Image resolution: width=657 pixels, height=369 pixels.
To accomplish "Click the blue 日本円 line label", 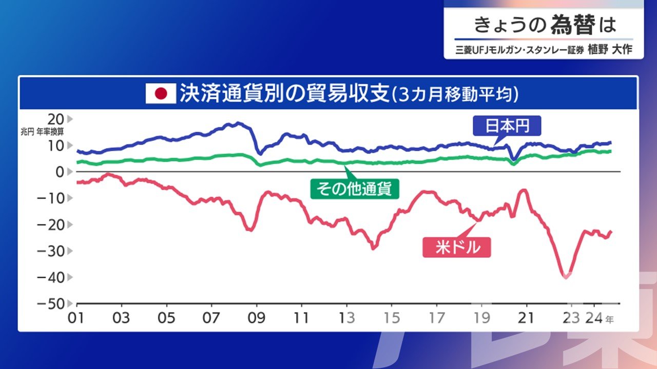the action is pos(507,126).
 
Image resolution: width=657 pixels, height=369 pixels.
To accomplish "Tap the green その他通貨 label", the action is pos(355,189).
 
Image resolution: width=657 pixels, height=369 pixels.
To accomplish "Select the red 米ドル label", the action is pos(457,248).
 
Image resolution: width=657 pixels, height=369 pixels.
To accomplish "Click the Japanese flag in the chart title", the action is pos(161,93).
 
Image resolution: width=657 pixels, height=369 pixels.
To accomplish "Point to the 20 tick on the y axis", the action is pos(56,119).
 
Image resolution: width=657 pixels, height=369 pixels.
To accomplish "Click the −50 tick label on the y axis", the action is pos(51,304).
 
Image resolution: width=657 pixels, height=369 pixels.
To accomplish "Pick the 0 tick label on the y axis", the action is pos(60,172).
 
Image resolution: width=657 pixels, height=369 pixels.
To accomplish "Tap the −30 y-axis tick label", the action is pos(51,251).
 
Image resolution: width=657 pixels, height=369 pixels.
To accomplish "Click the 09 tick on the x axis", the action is pos(257,318).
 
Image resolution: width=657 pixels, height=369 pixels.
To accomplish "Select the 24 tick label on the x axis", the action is pos(594,318).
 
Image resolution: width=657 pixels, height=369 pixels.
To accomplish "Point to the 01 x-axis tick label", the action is pos(76,318).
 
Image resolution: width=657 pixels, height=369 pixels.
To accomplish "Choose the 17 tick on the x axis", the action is pos(437,318).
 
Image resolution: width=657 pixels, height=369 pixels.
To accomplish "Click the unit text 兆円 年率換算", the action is pos(42,132).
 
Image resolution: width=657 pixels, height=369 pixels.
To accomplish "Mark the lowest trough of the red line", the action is pos(566,277).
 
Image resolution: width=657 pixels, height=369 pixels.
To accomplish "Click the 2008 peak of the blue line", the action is pos(238,124).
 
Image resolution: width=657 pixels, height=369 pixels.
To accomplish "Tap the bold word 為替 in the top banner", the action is pos(573,25).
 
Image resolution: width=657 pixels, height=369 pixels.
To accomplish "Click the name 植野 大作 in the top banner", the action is pos(610,50).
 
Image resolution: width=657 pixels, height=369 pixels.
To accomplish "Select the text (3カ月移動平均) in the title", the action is pos(455,94).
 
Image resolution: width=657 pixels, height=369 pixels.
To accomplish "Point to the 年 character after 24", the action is pos(610,319).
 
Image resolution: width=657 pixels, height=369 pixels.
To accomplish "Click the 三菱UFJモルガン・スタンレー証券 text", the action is pos(520,50).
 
